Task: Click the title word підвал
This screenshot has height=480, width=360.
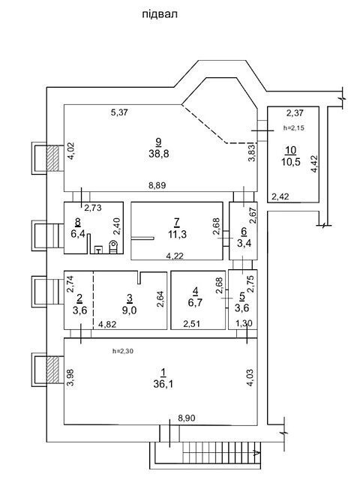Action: (x=160, y=14)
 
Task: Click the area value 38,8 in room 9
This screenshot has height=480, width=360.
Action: (x=159, y=154)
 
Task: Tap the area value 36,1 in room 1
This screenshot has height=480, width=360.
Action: (x=163, y=384)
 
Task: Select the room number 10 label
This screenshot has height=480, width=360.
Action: (x=291, y=150)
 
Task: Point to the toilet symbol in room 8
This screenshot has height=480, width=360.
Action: (x=113, y=247)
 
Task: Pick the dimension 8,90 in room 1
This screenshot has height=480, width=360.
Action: (x=187, y=418)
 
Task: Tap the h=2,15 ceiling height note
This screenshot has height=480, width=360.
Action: (x=294, y=128)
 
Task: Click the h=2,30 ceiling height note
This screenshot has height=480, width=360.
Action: (x=123, y=351)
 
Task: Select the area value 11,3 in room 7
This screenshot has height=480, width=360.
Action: (x=177, y=235)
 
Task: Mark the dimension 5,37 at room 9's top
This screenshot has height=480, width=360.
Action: (x=119, y=112)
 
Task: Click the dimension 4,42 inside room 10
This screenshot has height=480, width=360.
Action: (x=314, y=164)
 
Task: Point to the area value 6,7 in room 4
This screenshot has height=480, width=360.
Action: (x=195, y=302)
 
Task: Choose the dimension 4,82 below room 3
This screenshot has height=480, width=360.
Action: (x=107, y=324)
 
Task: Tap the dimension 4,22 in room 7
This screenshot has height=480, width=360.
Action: (x=175, y=255)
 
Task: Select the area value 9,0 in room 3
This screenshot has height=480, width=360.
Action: (x=130, y=310)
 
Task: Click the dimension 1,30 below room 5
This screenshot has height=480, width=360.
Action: (x=244, y=323)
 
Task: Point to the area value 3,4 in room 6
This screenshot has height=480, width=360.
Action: (x=244, y=244)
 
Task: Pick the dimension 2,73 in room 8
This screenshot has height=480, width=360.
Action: (x=93, y=208)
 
